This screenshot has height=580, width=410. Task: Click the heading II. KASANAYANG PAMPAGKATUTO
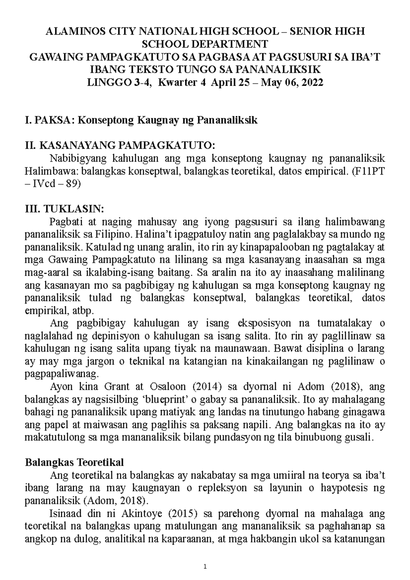[x=121, y=146]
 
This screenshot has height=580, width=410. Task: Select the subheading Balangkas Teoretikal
[x=74, y=462]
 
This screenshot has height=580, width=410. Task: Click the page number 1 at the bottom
[x=205, y=567]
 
